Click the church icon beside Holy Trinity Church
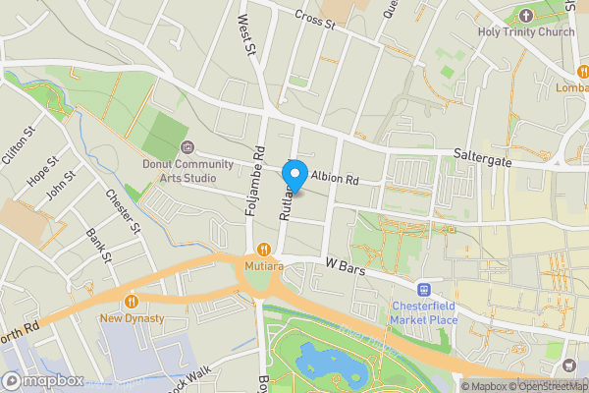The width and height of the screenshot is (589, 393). (x=524, y=15)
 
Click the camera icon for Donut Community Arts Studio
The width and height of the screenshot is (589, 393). (x=187, y=148)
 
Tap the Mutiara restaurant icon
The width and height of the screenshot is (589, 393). (x=263, y=249)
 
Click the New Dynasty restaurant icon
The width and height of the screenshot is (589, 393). (x=132, y=302)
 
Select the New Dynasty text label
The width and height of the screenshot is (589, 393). (x=132, y=319)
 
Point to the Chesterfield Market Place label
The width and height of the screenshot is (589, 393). (x=425, y=313)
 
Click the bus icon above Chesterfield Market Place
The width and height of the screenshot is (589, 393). (x=425, y=290)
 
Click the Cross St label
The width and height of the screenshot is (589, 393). (x=314, y=19)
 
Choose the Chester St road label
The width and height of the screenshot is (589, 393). (x=124, y=210)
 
